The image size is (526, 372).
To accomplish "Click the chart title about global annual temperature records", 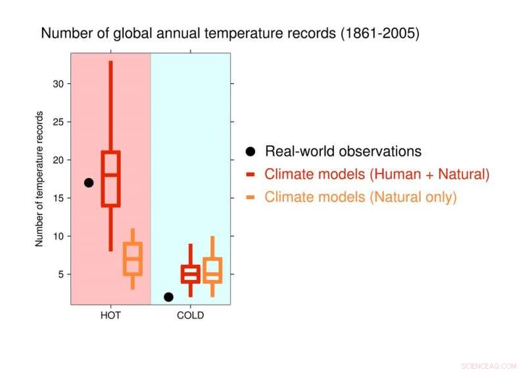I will coord(230,33).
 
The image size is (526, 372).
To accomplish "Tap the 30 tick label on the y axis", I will coord(57,83).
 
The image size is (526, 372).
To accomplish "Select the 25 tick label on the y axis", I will coord(57,122).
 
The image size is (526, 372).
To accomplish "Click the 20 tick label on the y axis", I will coord(57,160).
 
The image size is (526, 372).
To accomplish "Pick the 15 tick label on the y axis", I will coord(57,198).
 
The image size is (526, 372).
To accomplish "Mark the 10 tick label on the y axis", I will coord(57,236).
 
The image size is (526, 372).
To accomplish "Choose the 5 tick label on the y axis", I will coord(60,274).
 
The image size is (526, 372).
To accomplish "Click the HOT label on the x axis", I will coord(110,315).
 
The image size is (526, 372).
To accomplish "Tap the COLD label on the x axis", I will coord(191,315).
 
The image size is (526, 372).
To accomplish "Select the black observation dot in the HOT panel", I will coord(89,183).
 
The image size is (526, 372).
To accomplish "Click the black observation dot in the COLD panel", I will coord(168,297).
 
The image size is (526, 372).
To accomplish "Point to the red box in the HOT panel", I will coord(110,179).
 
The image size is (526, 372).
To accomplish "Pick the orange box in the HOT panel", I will coord(133,258).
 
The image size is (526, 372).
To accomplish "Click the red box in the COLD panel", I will coord(191,274).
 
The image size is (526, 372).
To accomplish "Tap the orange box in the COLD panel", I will coord(212,269).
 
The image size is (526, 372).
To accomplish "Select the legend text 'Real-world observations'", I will coord(343,151).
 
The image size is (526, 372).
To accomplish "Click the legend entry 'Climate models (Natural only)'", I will coord(360,197).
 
